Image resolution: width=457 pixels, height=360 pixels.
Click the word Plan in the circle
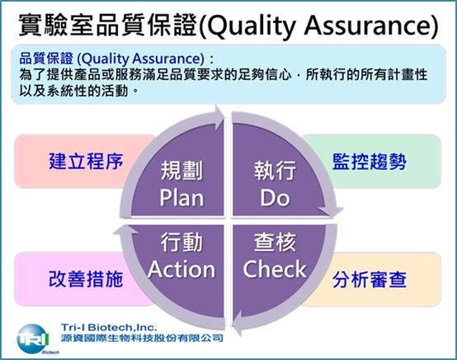click(x=181, y=198)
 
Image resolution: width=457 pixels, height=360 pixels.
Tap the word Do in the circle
click(x=275, y=198)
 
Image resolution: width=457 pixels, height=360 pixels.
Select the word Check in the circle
click(x=275, y=269)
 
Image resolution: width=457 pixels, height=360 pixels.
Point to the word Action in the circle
click(x=181, y=269)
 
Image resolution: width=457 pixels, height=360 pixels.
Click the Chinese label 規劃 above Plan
click(x=181, y=171)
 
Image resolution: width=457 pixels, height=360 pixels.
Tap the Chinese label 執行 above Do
click(x=275, y=171)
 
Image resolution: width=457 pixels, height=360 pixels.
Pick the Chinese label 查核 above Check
click(x=275, y=242)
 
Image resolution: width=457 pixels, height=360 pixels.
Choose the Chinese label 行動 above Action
click(x=181, y=242)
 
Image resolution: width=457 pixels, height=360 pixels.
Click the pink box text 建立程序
click(x=86, y=161)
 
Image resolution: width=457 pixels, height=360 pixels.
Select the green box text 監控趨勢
click(x=370, y=161)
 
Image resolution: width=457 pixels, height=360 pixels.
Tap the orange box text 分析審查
click(x=370, y=279)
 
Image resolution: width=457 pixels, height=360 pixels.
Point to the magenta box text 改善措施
click(x=86, y=278)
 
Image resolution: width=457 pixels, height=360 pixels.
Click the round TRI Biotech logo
click(x=32, y=339)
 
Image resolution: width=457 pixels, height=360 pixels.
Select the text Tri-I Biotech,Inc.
click(x=109, y=327)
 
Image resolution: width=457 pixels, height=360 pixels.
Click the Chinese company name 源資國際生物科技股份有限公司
click(x=142, y=339)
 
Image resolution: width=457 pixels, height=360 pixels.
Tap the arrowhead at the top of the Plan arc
click(x=219, y=117)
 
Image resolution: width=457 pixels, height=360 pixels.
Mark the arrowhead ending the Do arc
click(x=332, y=211)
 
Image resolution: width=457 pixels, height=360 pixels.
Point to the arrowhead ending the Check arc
click(x=237, y=323)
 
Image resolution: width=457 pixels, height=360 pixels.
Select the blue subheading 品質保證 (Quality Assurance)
click(x=111, y=59)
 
